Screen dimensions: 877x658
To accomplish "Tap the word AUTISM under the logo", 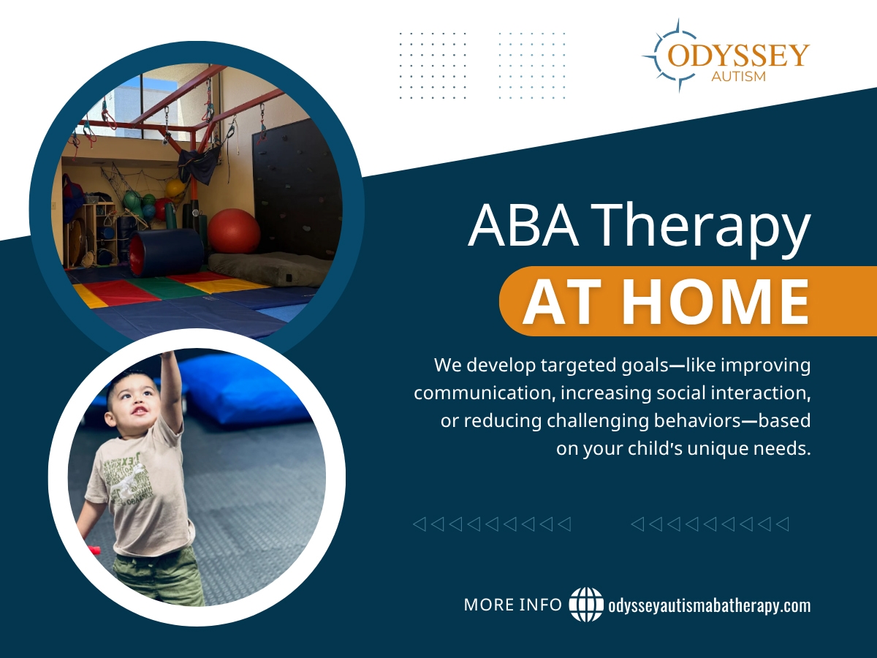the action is (x=738, y=76).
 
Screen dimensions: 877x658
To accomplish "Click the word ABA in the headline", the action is (x=523, y=225).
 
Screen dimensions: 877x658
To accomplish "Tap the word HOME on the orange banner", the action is (x=716, y=301).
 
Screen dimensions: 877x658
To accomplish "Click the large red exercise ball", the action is (x=234, y=230).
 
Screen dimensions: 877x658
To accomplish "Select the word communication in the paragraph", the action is (x=484, y=393).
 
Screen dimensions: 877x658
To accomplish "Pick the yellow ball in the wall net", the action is (x=175, y=188).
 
